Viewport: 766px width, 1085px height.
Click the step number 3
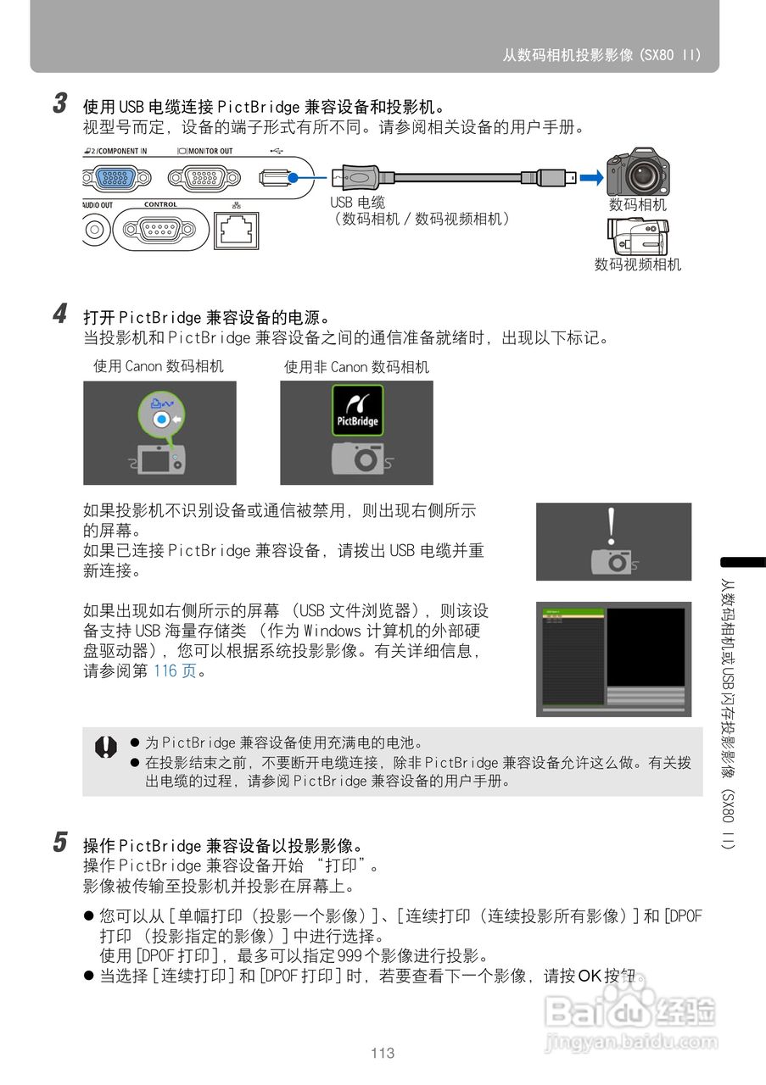tap(60, 104)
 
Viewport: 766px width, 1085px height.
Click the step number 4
tap(60, 315)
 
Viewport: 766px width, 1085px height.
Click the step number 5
tap(60, 843)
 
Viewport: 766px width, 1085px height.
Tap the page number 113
tap(383, 1053)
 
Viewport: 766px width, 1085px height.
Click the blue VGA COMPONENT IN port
tap(115, 178)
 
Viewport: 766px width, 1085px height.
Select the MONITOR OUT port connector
tap(204, 178)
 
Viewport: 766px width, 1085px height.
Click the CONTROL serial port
tap(159, 229)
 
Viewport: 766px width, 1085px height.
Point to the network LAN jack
tap(237, 230)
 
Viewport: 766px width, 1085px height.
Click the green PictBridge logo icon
tap(357, 410)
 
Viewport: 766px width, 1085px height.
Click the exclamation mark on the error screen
tap(611, 526)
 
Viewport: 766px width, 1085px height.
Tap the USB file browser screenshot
tap(613, 659)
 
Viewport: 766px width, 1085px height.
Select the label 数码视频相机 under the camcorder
tap(637, 264)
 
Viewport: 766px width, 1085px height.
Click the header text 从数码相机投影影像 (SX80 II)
tap(601, 55)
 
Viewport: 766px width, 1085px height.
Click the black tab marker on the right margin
tap(743, 562)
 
